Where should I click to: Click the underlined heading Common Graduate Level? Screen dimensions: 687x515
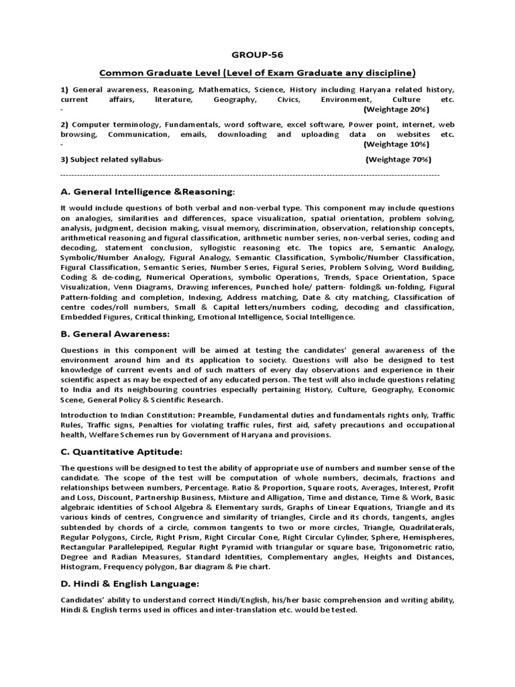tap(257, 72)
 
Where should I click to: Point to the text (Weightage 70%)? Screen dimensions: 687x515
tap(398, 160)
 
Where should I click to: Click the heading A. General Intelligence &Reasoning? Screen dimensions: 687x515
tap(148, 192)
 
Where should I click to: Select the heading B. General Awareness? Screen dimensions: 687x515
tap(115, 334)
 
